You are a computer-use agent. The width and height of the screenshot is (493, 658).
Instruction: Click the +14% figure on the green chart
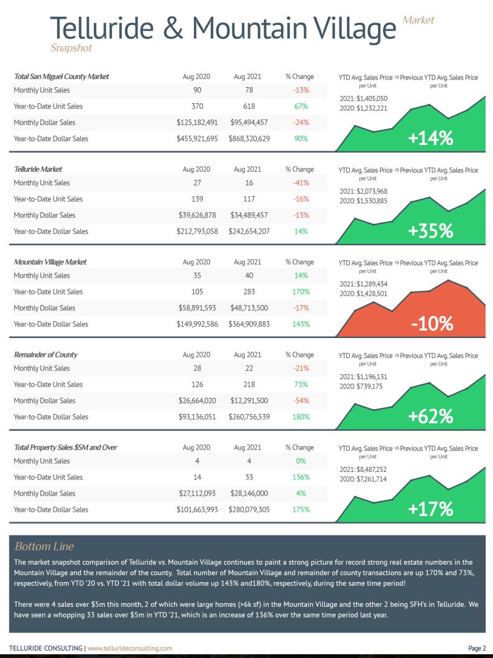coord(431,138)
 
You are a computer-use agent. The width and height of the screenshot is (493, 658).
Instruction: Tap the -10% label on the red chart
coord(432,324)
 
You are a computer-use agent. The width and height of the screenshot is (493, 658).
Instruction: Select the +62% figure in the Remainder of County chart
coord(431,416)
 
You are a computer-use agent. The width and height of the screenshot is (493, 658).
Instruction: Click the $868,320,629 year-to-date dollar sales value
coord(249,138)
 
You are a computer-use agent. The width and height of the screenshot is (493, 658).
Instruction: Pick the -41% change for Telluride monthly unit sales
coord(301,183)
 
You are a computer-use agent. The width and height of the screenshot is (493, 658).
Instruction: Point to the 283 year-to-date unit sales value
coord(249,292)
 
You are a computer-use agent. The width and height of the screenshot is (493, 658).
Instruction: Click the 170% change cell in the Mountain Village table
coord(301,292)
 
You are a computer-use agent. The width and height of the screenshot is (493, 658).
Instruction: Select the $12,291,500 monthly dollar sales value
coord(249,401)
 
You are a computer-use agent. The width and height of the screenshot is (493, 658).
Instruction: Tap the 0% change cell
coord(301,461)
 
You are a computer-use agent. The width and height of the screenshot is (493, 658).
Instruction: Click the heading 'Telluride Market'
coord(38,169)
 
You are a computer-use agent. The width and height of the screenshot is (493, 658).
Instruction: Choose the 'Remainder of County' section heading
coord(46,355)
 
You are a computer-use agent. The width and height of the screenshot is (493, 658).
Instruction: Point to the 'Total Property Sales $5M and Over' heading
coord(66,448)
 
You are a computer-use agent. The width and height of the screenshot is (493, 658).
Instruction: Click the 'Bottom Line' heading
coord(44,547)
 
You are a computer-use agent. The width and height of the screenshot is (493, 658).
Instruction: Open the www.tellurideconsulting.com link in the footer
coord(130,648)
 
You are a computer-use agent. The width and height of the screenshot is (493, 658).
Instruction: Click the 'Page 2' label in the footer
coord(477,648)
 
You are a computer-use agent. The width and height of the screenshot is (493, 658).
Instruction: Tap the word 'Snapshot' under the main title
coord(71,48)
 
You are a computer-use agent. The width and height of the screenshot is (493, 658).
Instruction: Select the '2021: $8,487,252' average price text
coord(363,469)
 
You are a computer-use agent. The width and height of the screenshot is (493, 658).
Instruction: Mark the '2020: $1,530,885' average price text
coord(364,201)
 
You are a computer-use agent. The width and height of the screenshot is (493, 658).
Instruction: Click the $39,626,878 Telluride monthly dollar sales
coord(197,215)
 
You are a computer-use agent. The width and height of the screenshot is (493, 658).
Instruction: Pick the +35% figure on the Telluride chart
coord(431,231)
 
